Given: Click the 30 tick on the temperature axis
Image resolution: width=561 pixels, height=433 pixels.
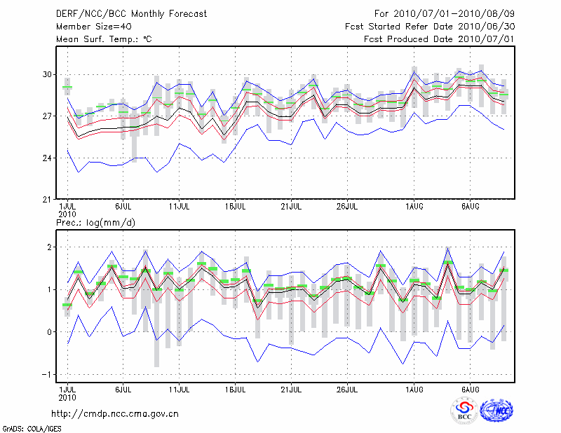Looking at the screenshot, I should coord(47,74).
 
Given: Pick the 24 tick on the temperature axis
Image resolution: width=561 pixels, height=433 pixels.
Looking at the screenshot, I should coord(47,158).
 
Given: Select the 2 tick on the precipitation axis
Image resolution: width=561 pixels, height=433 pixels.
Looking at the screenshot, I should coord(49,247).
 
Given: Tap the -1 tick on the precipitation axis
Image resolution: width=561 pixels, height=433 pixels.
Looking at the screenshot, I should coord(47,374).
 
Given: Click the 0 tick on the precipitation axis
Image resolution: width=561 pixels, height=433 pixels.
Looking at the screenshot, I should coord(49,332).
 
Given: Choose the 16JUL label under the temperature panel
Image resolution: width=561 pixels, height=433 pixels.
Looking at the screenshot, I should coord(236,207).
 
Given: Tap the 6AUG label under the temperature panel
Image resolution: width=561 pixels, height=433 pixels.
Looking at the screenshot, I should coord(470,207).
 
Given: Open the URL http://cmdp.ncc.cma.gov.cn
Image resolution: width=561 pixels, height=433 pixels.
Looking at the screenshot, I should coord(115,414).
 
